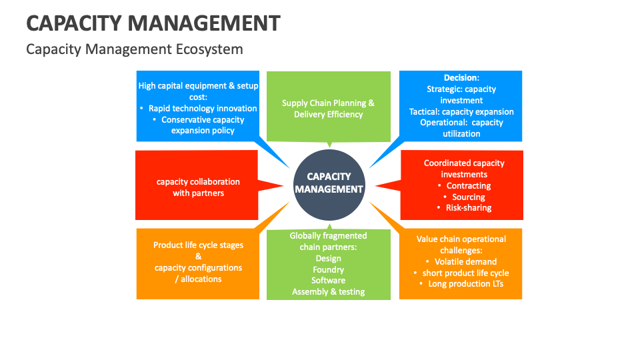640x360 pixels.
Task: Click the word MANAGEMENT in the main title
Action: (x=204, y=23)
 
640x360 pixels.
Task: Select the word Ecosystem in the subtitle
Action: (x=209, y=49)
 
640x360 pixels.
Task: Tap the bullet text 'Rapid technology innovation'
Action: (x=203, y=108)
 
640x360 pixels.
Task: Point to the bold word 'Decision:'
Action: (x=461, y=77)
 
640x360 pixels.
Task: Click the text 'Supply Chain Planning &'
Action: (x=328, y=103)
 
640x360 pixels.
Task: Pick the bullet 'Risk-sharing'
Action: (x=469, y=207)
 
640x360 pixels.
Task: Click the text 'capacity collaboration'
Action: (x=198, y=181)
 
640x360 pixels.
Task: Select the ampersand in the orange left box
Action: (x=198, y=256)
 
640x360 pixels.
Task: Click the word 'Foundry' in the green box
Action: (x=328, y=269)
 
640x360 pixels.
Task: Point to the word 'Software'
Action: (x=328, y=280)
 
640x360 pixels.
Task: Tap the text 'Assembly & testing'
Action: (x=328, y=291)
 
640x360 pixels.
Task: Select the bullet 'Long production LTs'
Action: (x=465, y=284)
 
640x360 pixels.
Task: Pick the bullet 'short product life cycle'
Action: (x=465, y=273)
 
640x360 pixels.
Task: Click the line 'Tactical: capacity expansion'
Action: (x=461, y=111)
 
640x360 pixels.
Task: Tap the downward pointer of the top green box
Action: (x=329, y=144)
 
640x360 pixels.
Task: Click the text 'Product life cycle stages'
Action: (x=198, y=245)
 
